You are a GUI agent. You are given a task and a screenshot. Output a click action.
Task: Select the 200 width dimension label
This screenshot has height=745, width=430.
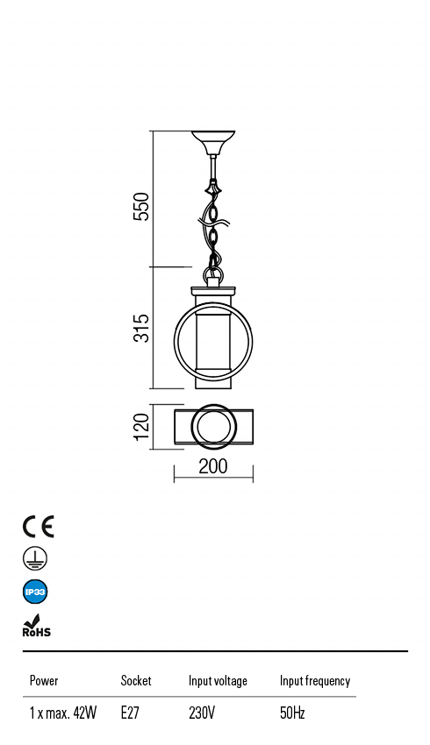[213, 466]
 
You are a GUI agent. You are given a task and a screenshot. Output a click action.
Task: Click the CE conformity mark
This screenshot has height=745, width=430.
[38, 526]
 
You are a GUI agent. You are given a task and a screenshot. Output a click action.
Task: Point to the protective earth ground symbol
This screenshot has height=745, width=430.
[35, 558]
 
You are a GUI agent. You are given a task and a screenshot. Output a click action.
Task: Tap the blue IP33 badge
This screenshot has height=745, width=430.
[35, 592]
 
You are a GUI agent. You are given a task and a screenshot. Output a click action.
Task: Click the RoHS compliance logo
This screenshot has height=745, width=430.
[36, 626]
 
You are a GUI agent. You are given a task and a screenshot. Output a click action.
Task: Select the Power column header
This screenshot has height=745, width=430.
[44, 681]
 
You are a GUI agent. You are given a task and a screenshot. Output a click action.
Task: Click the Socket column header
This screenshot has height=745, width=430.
[136, 681]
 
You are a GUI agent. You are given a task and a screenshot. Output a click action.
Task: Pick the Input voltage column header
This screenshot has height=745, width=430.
[218, 681]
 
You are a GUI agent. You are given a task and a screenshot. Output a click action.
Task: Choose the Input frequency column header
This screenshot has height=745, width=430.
[315, 681]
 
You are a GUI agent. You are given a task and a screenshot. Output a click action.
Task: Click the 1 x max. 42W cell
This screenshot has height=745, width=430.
[63, 713]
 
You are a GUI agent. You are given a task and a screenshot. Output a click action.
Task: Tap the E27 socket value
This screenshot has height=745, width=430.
[130, 713]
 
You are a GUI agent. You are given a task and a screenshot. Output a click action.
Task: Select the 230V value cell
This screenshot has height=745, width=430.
[202, 713]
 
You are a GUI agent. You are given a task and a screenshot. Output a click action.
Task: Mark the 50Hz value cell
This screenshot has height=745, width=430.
[292, 713]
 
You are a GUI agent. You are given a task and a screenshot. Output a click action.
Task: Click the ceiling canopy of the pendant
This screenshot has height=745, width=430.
[213, 141]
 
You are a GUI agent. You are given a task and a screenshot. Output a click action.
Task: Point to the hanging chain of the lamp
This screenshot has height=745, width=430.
[213, 228]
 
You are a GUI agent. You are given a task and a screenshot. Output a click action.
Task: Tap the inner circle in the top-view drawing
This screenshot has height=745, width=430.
[213, 427]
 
